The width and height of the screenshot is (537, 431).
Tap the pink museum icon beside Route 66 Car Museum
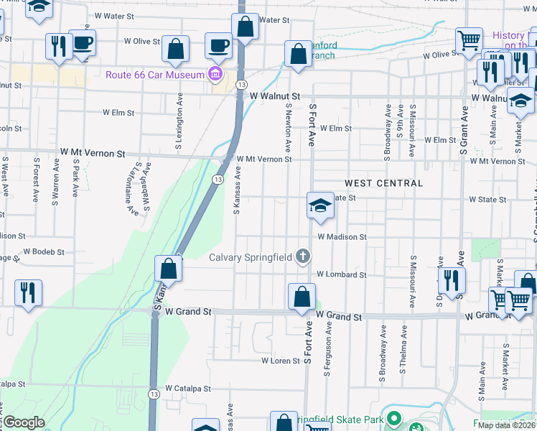[x=214, y=74]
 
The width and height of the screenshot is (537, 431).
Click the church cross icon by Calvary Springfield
[x=304, y=256]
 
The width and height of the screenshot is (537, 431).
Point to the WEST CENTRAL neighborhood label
[x=383, y=183]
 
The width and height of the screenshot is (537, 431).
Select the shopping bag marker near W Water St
[x=245, y=27]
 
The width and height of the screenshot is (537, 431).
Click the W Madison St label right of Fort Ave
[x=342, y=236]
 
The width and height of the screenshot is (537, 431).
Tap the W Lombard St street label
[x=342, y=274]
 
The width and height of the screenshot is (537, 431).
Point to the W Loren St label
[x=280, y=361]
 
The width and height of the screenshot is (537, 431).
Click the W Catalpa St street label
[x=188, y=388]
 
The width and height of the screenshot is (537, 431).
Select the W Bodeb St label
[x=44, y=252]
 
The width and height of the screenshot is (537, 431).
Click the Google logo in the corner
[x=24, y=422]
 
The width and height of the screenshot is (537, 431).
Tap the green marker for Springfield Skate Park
[x=393, y=418]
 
